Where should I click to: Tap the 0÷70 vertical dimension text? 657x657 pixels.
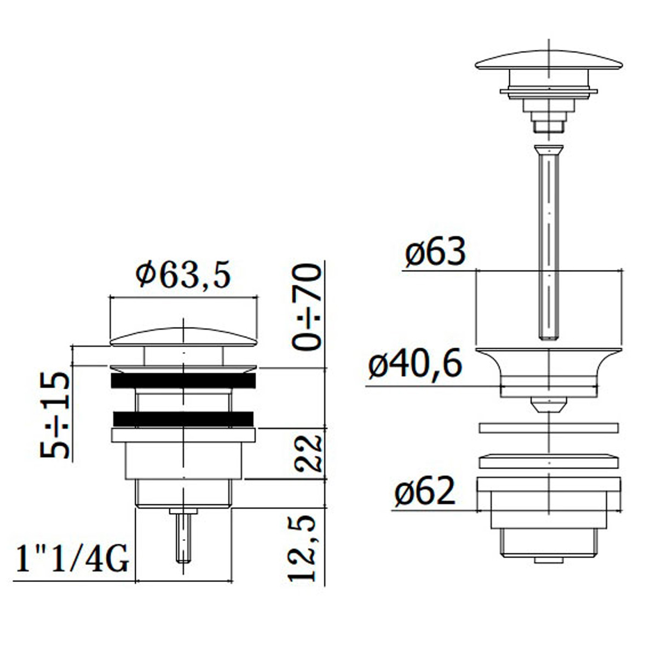[x=307, y=307]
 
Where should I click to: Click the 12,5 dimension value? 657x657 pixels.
[x=302, y=548]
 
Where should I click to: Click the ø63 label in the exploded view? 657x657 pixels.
[x=435, y=252]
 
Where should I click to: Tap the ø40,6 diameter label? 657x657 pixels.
[x=415, y=364]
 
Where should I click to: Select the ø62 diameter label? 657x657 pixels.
[x=425, y=491]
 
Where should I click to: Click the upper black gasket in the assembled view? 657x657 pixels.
[x=183, y=380]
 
